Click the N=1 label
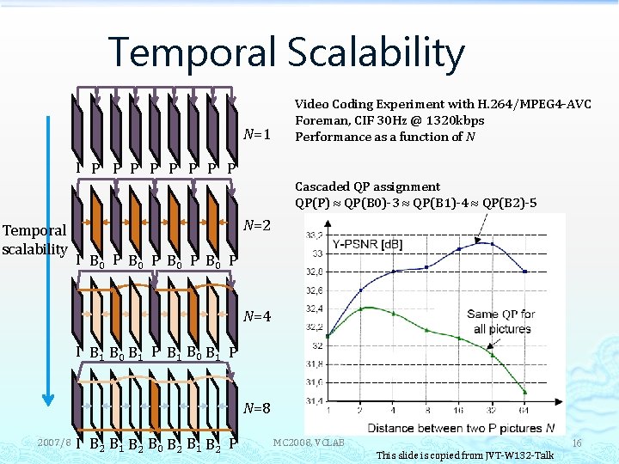click(x=257, y=134)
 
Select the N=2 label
click(x=257, y=225)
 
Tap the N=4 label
click(x=257, y=316)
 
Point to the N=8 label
click(x=257, y=407)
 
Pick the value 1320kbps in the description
click(x=452, y=120)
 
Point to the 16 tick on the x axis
click(x=458, y=411)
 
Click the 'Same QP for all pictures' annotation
click(x=502, y=321)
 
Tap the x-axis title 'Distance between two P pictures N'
click(x=459, y=427)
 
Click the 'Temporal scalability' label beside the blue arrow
click(x=34, y=240)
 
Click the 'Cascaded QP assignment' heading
click(x=367, y=186)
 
